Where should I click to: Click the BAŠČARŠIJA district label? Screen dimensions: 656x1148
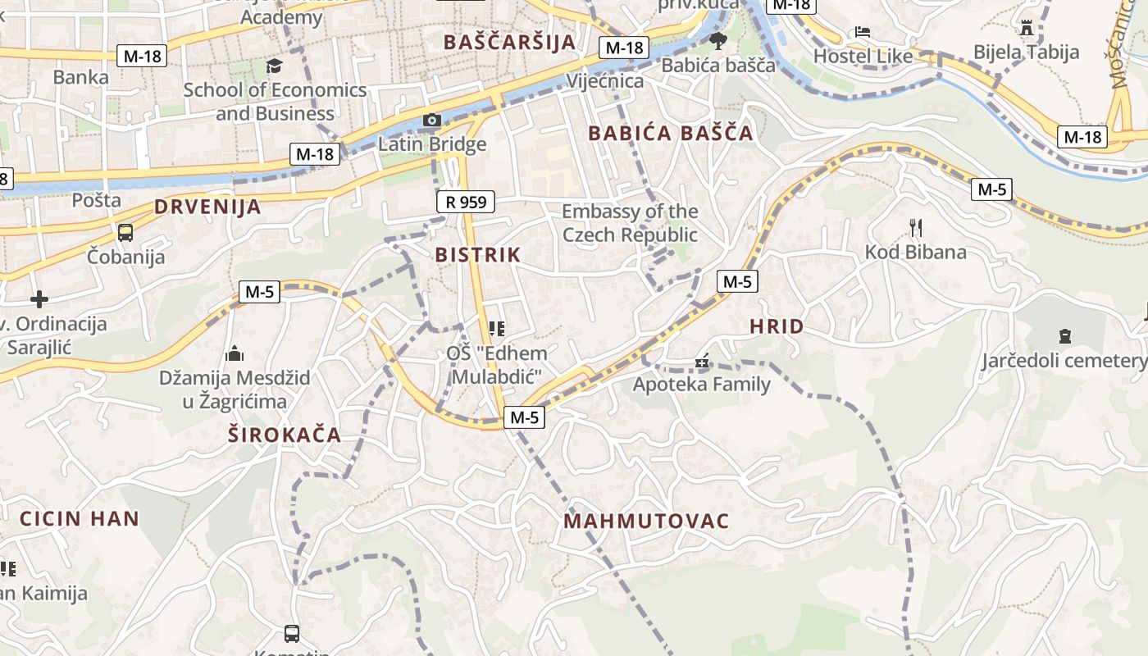tap(509, 42)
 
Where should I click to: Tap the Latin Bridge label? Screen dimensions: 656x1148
tap(432, 144)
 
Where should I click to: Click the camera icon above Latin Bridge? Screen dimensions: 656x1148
tap(432, 121)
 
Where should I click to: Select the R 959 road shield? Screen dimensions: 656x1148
tap(466, 201)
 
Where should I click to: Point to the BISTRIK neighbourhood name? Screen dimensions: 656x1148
tap(478, 254)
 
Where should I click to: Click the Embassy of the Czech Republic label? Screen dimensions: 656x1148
tap(630, 223)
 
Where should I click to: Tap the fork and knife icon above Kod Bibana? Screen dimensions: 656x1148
tap(916, 228)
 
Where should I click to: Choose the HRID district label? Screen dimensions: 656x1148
tap(777, 326)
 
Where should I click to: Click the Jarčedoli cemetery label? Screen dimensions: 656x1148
tap(1064, 360)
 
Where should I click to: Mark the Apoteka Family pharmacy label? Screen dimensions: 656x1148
tap(702, 384)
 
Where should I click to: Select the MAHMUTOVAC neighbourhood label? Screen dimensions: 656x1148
tap(646, 521)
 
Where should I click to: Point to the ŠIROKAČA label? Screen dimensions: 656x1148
tap(285, 435)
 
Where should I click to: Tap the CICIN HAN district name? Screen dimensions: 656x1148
tap(80, 518)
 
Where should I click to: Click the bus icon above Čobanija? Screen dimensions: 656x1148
tap(125, 232)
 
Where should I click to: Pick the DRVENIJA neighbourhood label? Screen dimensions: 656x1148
tap(207, 207)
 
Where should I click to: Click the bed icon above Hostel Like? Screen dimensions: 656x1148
tap(863, 32)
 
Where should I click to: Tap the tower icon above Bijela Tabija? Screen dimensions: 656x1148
tap(1027, 29)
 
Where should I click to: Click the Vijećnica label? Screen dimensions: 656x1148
tap(605, 81)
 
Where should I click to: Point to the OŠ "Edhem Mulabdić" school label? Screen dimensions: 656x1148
tap(496, 365)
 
